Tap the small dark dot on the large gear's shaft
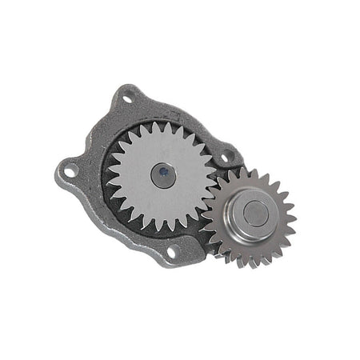click(x=162, y=170)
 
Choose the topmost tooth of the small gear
click(x=254, y=171)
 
